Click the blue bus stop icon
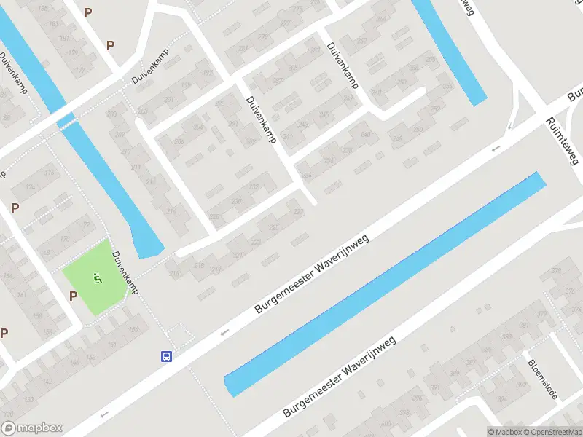[167, 356]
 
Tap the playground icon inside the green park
[96, 277]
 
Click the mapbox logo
[32, 428]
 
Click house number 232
[253, 188]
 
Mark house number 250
[375, 93]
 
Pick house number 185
[43, 9]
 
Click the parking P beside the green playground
[73, 296]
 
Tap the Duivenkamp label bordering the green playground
[125, 273]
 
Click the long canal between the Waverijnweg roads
[385, 285]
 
